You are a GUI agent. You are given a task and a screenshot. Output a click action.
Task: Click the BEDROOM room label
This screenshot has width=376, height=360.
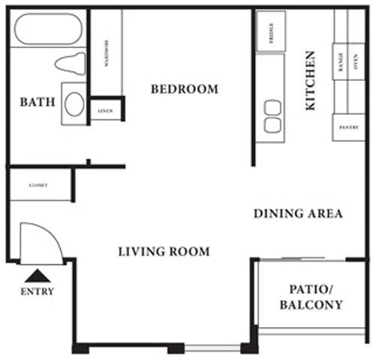184,89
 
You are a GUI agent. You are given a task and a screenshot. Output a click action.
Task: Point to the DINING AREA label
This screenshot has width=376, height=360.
297,214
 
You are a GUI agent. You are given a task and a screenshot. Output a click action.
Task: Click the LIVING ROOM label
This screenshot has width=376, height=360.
164,251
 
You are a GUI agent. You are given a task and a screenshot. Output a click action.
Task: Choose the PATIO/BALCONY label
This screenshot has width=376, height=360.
311,297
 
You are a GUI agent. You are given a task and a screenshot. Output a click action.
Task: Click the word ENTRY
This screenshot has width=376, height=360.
37,292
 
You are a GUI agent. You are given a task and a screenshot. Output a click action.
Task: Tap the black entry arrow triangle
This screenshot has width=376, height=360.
37,275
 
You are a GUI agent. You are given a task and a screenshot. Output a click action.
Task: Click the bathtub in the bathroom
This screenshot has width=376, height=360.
48,31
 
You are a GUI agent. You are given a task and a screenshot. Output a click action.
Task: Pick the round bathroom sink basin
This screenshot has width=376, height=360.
74,103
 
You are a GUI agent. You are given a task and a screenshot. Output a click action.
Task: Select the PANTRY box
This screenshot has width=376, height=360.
348,127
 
